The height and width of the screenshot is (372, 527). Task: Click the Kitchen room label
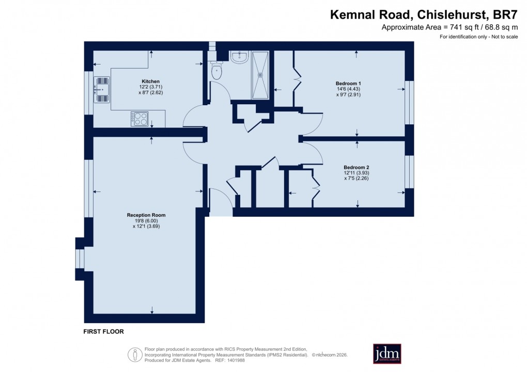[x=150, y=82]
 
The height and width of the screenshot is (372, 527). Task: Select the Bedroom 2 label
[x=357, y=167]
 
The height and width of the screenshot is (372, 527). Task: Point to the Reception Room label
[x=146, y=215]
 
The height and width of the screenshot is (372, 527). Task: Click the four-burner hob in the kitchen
[x=139, y=119]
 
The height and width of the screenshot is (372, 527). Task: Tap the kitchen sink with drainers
[x=102, y=89]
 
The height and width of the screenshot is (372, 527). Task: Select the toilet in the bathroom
[x=216, y=70]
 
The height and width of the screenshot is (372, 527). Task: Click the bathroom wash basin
[x=239, y=57]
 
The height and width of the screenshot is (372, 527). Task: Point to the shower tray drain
[x=260, y=75]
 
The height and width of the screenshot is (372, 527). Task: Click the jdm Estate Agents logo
[x=387, y=354]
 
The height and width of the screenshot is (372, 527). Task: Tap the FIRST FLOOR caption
[x=104, y=332]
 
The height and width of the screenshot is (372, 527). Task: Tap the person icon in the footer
[x=135, y=354]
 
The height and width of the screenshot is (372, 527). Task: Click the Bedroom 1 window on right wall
[x=409, y=102]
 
